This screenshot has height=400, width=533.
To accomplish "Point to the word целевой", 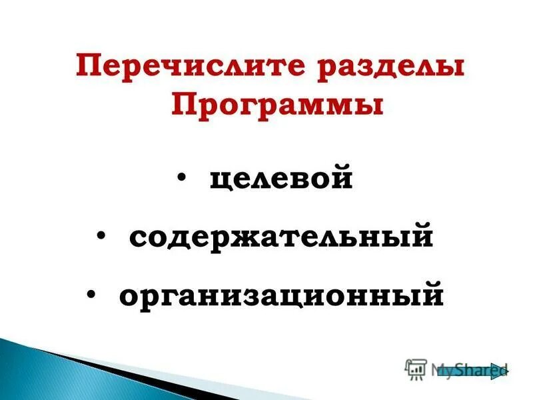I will pyautogui.click(x=280, y=180).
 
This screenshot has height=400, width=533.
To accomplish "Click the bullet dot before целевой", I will pyautogui.click(x=182, y=178).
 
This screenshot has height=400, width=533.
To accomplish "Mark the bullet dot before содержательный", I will pyautogui.click(x=101, y=235).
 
